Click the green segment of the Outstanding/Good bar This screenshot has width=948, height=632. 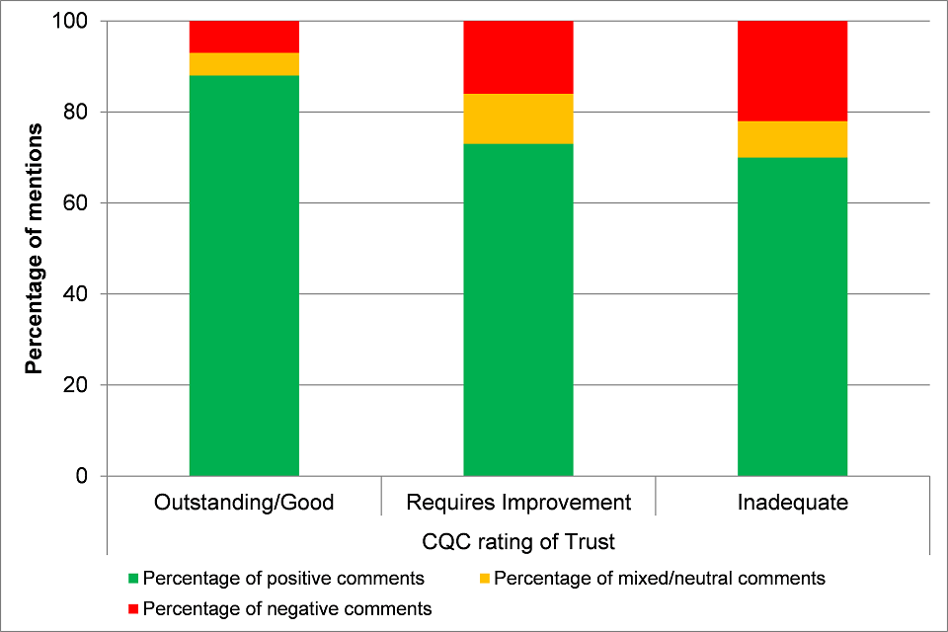[244, 276]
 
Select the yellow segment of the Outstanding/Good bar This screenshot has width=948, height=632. [244, 64]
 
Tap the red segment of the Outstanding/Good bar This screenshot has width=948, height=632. [244, 37]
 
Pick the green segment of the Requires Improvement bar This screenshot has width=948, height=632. [518, 310]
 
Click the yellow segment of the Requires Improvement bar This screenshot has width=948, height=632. [518, 118]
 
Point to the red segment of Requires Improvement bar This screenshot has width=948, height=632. [518, 57]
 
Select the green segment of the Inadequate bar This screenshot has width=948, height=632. [793, 316]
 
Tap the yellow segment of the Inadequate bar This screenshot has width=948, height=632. [793, 139]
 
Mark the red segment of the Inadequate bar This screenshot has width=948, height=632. [793, 71]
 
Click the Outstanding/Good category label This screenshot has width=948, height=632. [244, 503]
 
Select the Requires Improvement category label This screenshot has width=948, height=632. [518, 503]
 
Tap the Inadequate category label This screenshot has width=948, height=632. [793, 503]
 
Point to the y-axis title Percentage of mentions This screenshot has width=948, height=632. [34, 248]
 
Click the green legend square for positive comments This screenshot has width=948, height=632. [134, 578]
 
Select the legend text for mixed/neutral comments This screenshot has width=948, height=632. [659, 578]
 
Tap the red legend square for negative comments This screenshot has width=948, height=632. [134, 608]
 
